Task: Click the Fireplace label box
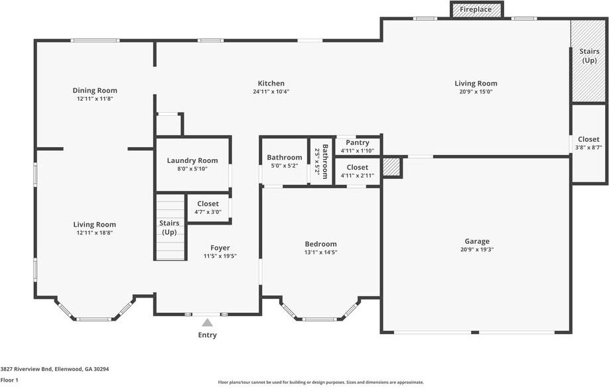476,9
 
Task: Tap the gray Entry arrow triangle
208,322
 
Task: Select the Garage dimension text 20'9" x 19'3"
477,249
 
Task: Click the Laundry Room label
192,160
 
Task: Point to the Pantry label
358,142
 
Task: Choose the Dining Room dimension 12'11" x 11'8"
95,99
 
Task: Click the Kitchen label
271,83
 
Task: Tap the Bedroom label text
321,244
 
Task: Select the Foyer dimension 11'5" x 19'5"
220,256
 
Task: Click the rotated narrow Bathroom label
325,161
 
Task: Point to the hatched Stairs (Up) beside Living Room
589,61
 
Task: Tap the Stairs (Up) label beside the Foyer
169,228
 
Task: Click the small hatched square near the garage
391,167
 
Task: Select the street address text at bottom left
55,369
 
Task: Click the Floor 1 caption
9,380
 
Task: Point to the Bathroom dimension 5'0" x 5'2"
285,166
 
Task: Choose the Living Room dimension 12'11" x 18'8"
95,233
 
